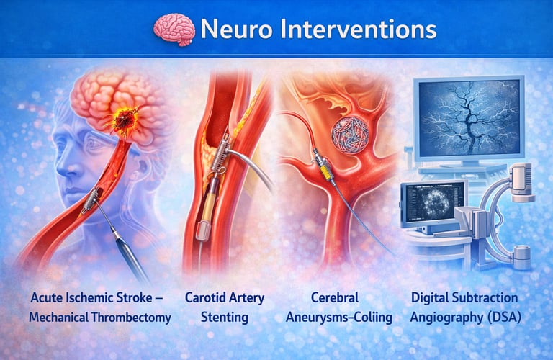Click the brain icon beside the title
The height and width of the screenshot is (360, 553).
(174, 30)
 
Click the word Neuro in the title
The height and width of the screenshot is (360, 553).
(236, 29)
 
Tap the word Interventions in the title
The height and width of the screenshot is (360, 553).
(359, 29)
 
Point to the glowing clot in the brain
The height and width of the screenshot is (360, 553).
(123, 120)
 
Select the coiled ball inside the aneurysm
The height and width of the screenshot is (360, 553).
(350, 135)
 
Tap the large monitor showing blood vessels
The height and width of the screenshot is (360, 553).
(469, 119)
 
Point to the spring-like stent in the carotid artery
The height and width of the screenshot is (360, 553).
(220, 155)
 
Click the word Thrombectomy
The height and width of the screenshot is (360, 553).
(131, 318)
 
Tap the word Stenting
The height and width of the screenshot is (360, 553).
(225, 317)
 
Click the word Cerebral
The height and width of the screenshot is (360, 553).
(335, 297)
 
